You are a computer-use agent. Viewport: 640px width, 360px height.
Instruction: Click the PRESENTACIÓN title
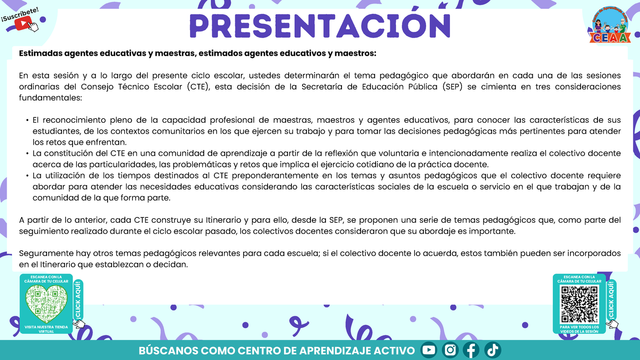click(320, 25)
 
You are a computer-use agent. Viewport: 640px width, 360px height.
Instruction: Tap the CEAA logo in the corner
click(612, 27)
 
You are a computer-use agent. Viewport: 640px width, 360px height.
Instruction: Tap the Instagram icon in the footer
click(450, 350)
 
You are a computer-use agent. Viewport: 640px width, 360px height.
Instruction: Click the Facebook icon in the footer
click(471, 350)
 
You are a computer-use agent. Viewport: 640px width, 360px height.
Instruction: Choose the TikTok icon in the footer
click(493, 350)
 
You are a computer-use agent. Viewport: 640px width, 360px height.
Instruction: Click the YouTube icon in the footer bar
click(429, 350)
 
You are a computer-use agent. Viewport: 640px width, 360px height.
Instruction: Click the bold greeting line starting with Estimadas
click(198, 54)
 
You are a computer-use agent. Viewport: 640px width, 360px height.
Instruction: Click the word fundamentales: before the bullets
click(50, 98)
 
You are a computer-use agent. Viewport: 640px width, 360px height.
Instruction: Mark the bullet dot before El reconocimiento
click(27, 120)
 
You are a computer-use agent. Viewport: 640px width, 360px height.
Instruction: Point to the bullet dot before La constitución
click(27, 154)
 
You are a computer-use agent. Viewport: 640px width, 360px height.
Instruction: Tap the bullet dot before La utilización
click(27, 176)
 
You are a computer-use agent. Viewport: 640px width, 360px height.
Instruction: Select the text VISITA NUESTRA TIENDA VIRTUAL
click(47, 329)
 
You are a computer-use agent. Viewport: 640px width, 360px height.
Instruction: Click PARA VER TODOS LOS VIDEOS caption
click(579, 329)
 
